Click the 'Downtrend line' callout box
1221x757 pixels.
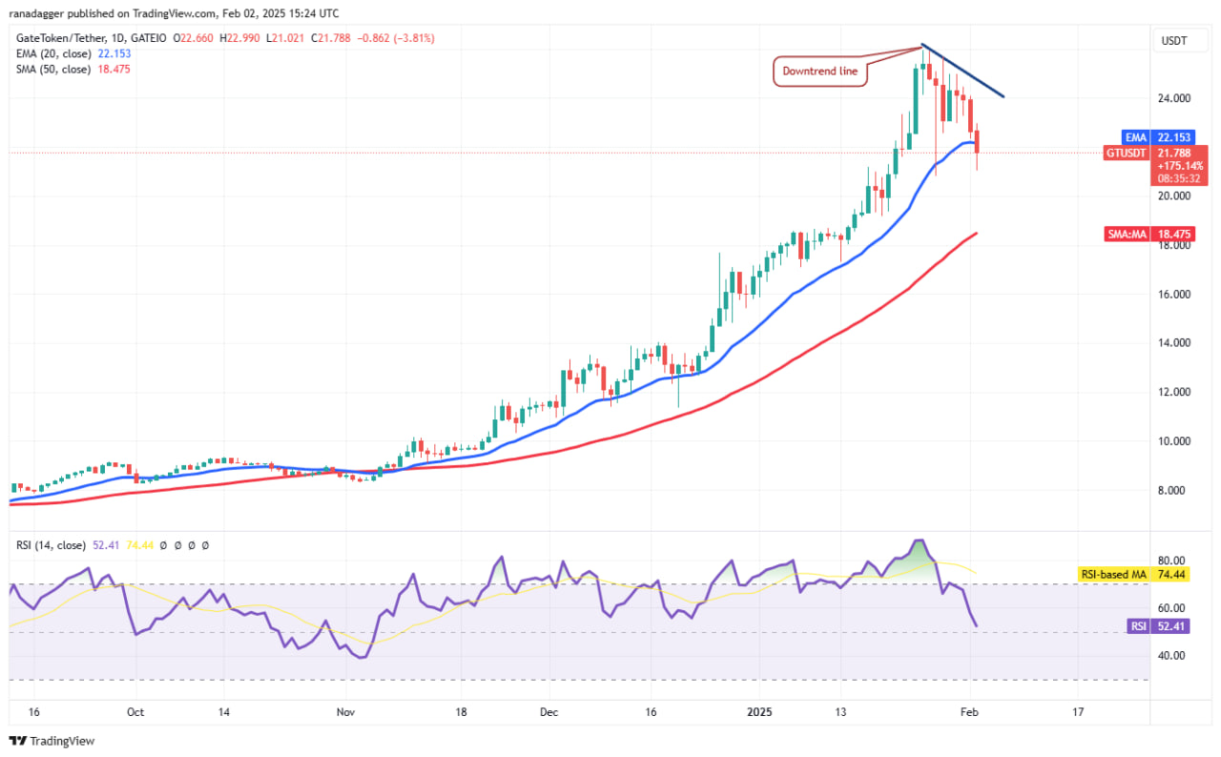click(820, 72)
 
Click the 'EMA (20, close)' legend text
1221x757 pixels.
click(53, 54)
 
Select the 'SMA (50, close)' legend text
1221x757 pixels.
click(53, 70)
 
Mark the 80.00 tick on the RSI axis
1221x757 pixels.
click(1172, 561)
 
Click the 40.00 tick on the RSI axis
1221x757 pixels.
click(1172, 656)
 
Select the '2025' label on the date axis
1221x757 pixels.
click(760, 711)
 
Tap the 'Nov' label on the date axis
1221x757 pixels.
click(346, 711)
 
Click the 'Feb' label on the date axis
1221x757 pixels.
click(970, 711)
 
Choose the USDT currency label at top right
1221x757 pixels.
click(1172, 40)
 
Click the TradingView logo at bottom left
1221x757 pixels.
click(52, 741)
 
